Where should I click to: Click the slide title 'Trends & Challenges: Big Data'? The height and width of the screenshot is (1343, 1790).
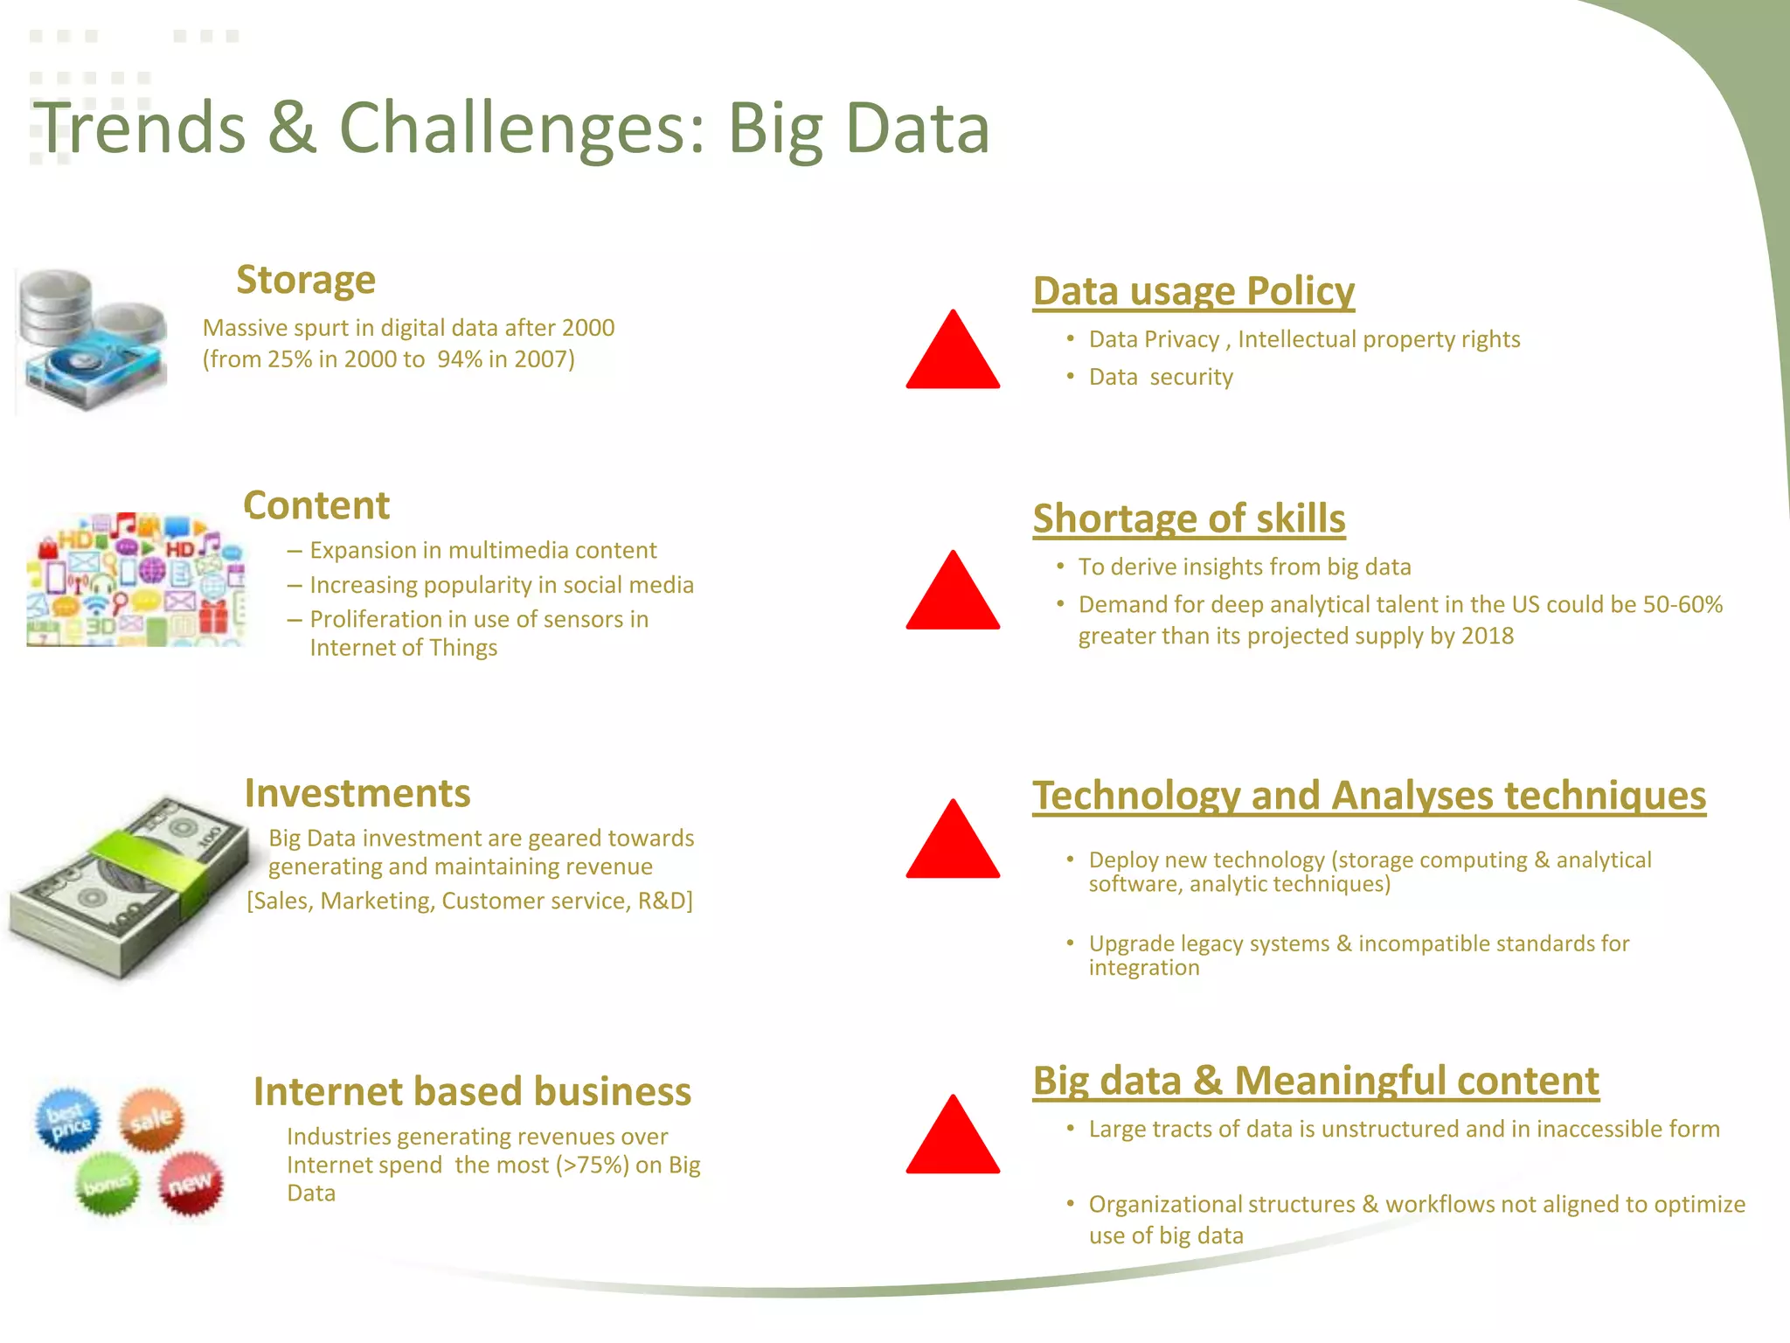pos(511,129)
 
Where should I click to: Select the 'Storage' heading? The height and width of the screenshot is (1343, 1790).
pos(306,280)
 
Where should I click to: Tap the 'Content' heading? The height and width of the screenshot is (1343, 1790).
pos(316,505)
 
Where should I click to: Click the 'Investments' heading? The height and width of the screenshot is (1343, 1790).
pos(357,793)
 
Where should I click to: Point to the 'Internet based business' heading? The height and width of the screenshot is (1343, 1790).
pos(472,1091)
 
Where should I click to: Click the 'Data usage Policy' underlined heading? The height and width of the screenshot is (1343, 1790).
pos(1193,291)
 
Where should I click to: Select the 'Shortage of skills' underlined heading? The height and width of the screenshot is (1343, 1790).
pos(1189,518)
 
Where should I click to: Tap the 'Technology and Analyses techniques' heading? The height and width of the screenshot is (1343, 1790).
pos(1369,796)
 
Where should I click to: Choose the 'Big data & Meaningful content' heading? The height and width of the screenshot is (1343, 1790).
pos(1315,1081)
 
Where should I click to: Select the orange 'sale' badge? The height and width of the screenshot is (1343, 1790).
pos(152,1119)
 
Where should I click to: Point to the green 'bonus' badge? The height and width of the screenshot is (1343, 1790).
pos(107,1184)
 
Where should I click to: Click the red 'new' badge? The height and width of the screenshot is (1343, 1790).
pos(191,1184)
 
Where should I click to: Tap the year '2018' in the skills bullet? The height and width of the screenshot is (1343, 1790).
pos(1487,636)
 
